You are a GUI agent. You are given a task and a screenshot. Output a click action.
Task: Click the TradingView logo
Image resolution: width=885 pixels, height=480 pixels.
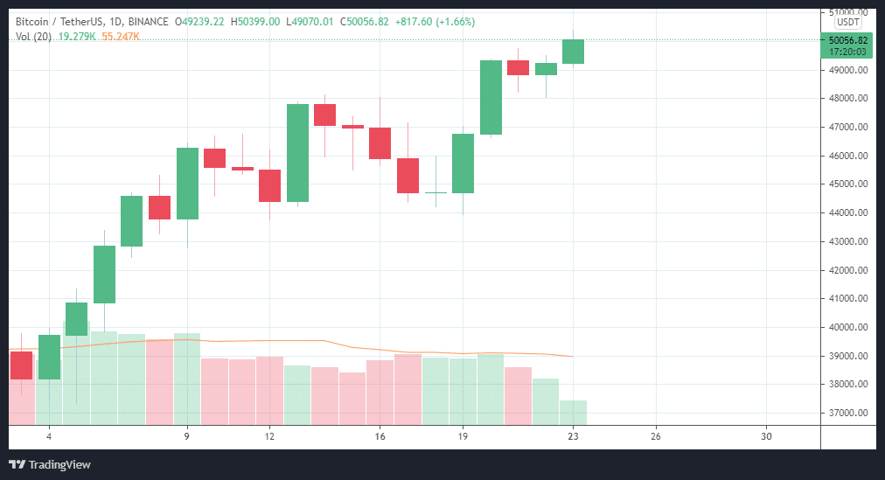tap(50, 464)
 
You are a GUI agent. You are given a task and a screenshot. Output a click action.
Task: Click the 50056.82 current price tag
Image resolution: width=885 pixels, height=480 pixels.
tap(848, 40)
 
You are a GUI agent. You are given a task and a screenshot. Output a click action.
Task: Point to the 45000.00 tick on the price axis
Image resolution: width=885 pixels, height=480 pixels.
tap(847, 184)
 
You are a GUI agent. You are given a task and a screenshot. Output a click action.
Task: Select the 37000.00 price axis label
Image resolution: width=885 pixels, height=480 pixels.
tap(847, 414)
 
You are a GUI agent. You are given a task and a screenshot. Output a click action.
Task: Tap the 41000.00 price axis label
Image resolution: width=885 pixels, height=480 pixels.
tap(847, 299)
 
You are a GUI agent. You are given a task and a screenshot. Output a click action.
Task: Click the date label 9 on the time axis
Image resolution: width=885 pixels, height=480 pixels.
tap(187, 436)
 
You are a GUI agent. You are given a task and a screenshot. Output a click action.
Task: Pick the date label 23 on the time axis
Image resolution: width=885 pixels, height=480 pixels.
tap(573, 436)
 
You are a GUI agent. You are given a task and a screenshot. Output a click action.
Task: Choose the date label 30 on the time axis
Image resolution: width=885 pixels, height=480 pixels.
tap(766, 436)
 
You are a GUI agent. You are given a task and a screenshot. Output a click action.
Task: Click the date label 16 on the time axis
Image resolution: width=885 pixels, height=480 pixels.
tap(380, 436)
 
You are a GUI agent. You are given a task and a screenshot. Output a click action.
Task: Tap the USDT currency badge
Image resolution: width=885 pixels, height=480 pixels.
tap(848, 22)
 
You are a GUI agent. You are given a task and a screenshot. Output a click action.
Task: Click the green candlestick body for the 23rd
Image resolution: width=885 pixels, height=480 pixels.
tap(573, 52)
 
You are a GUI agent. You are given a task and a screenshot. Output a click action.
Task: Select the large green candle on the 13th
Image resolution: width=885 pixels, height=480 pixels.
tap(297, 153)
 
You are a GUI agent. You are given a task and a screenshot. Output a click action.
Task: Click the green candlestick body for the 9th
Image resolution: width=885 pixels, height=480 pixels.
tap(187, 183)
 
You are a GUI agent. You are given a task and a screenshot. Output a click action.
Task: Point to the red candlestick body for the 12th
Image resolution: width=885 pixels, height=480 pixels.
tap(269, 185)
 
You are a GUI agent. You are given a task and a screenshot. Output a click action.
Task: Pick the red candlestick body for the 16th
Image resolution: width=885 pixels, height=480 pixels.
tap(380, 143)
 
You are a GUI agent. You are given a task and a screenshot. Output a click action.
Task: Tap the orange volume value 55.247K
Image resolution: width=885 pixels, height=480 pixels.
tap(121, 36)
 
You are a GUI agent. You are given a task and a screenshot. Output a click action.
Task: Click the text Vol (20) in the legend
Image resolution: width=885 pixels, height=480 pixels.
tap(34, 36)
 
